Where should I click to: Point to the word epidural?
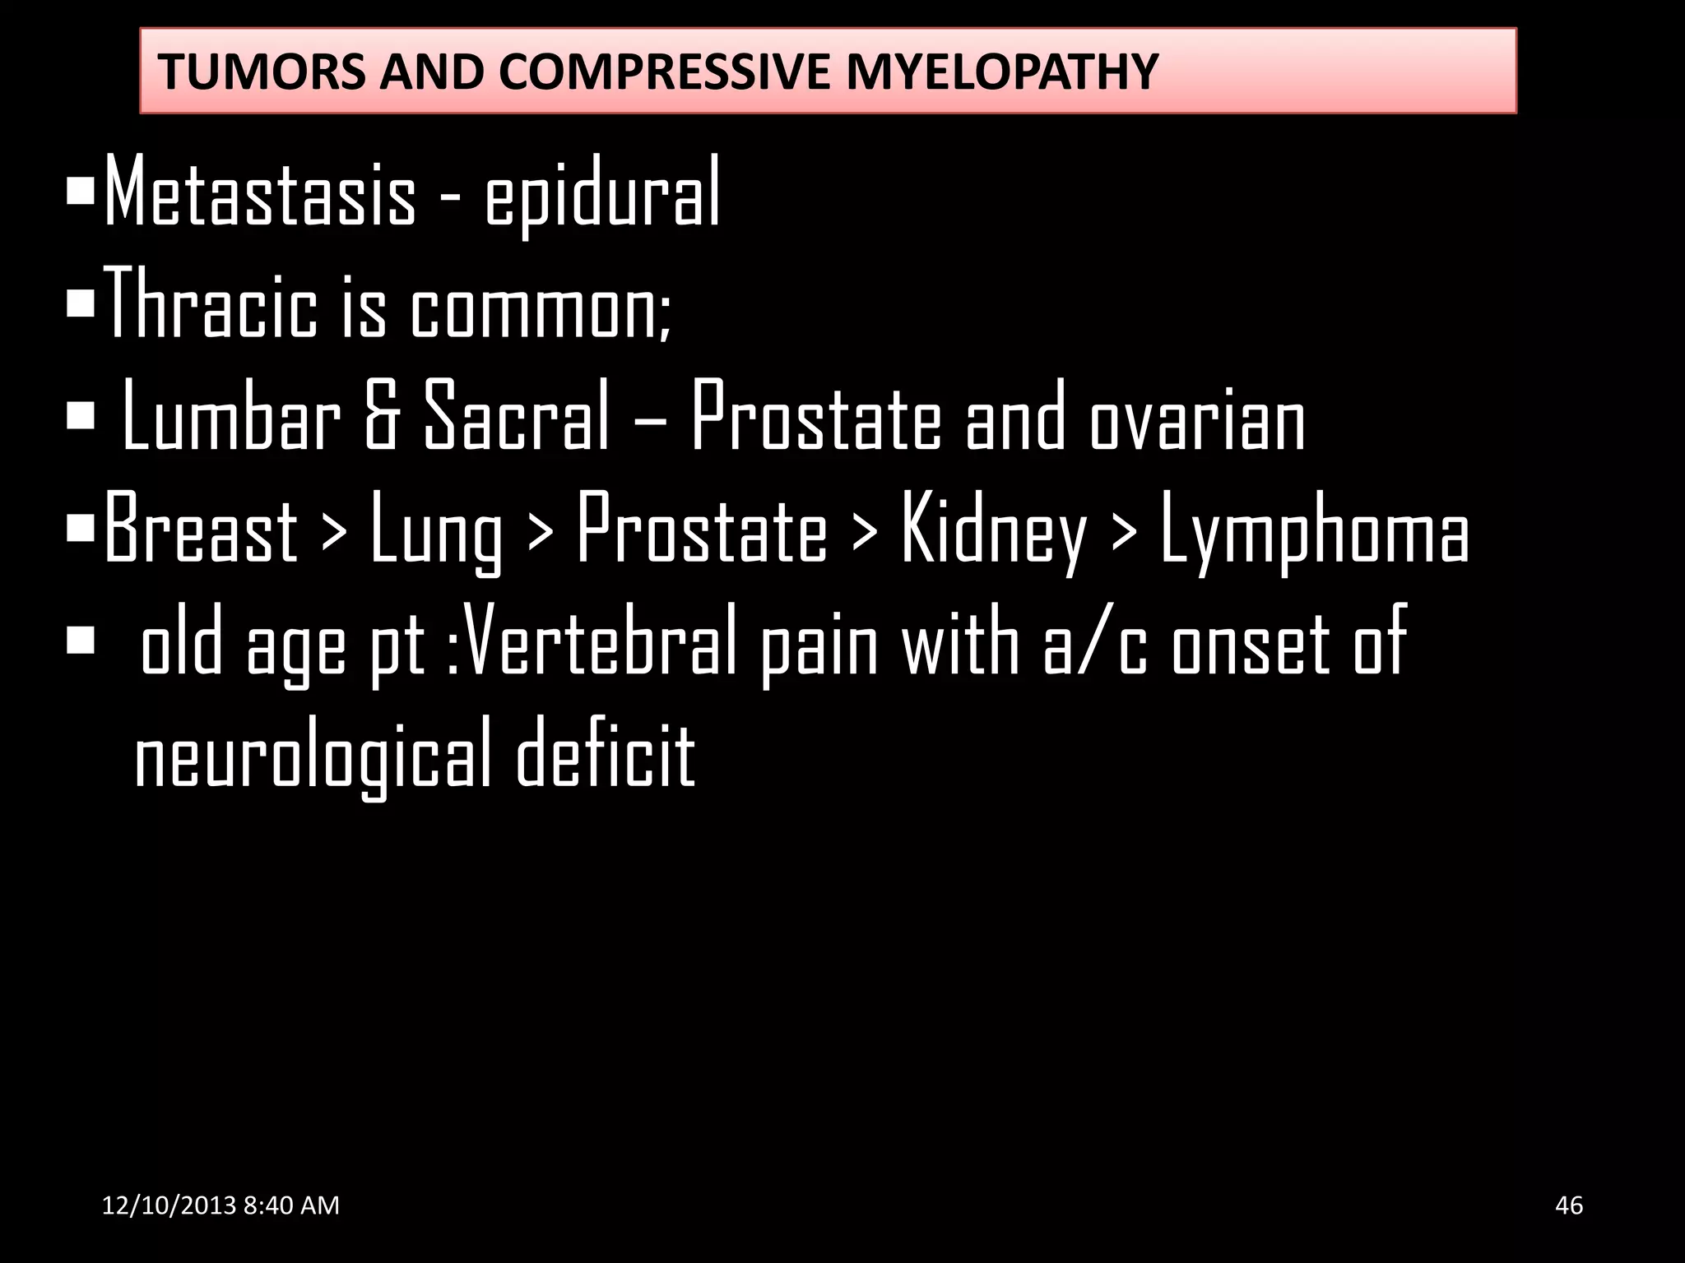(x=602, y=197)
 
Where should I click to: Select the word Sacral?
(x=516, y=418)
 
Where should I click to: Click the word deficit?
(x=606, y=752)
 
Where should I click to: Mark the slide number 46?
(x=1569, y=1205)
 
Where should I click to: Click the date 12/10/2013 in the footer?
(x=169, y=1205)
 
